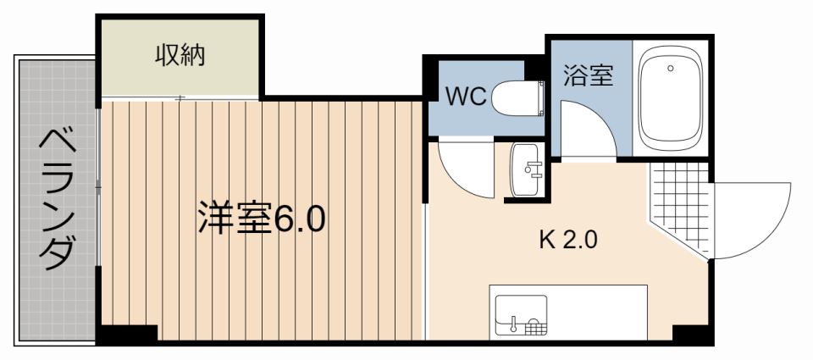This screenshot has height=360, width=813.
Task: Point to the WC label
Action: coord(466,97)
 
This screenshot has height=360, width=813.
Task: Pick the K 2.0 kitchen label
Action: coord(569,240)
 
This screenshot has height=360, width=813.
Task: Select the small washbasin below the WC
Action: coord(528,169)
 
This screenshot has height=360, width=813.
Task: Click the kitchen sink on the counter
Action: coord(522,315)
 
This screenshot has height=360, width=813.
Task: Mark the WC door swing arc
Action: coord(466,169)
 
